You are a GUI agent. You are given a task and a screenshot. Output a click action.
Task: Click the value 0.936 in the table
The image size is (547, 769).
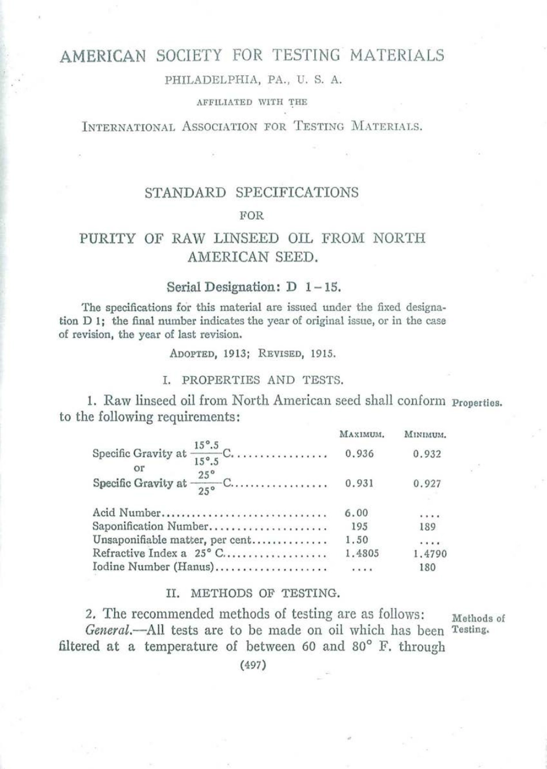360,454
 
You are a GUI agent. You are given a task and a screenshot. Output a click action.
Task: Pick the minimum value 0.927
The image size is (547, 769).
427,484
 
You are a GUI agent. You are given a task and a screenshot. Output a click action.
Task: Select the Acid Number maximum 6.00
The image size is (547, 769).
357,512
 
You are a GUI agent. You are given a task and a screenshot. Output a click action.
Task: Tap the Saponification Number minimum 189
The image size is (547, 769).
427,526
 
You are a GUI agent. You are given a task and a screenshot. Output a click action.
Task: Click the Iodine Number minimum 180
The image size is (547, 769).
427,567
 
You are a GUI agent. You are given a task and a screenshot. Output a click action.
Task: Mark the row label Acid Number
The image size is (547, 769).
126,512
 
